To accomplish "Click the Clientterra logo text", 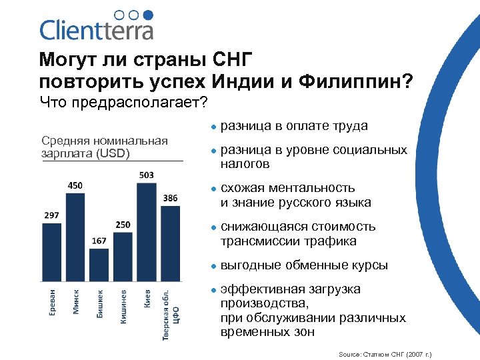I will pyautogui.click(x=97, y=30).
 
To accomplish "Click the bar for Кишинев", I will pyautogui.click(x=123, y=257).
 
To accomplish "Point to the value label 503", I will pyautogui.click(x=147, y=175).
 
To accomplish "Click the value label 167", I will pyautogui.click(x=99, y=241).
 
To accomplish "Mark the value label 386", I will pyautogui.click(x=170, y=198).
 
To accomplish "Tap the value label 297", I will pyautogui.click(x=51, y=215).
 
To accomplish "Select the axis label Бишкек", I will pyautogui.click(x=100, y=303).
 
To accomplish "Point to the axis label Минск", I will pyautogui.click(x=76, y=301).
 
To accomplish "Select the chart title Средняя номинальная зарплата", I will pyautogui.click(x=105, y=146).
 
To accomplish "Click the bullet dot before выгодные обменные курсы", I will pyautogui.click(x=210, y=265).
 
